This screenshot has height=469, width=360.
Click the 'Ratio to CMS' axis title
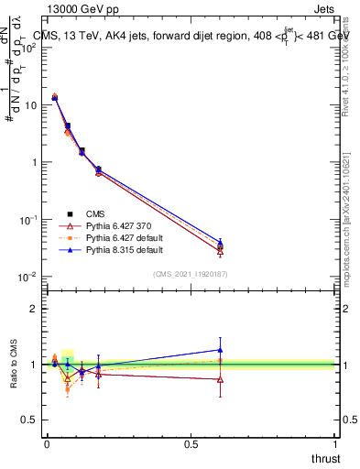pyautogui.click(x=13, y=365)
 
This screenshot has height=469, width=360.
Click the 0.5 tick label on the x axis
pyautogui.click(x=191, y=443)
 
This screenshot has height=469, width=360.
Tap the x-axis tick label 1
pyautogui.click(x=336, y=443)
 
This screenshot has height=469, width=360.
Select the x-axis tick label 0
pyautogui.click(x=47, y=443)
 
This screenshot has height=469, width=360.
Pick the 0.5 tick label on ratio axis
pyautogui.click(x=28, y=420)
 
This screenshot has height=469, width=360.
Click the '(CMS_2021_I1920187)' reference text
pyautogui.click(x=191, y=274)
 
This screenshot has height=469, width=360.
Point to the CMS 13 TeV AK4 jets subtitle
pyautogui.click(x=192, y=34)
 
